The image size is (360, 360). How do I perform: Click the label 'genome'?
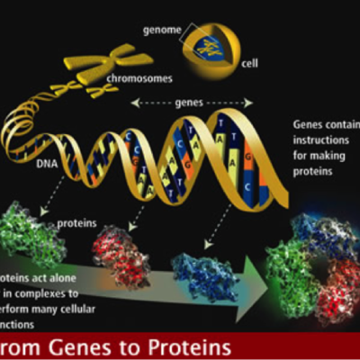162,30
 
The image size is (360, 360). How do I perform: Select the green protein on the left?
33,229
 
